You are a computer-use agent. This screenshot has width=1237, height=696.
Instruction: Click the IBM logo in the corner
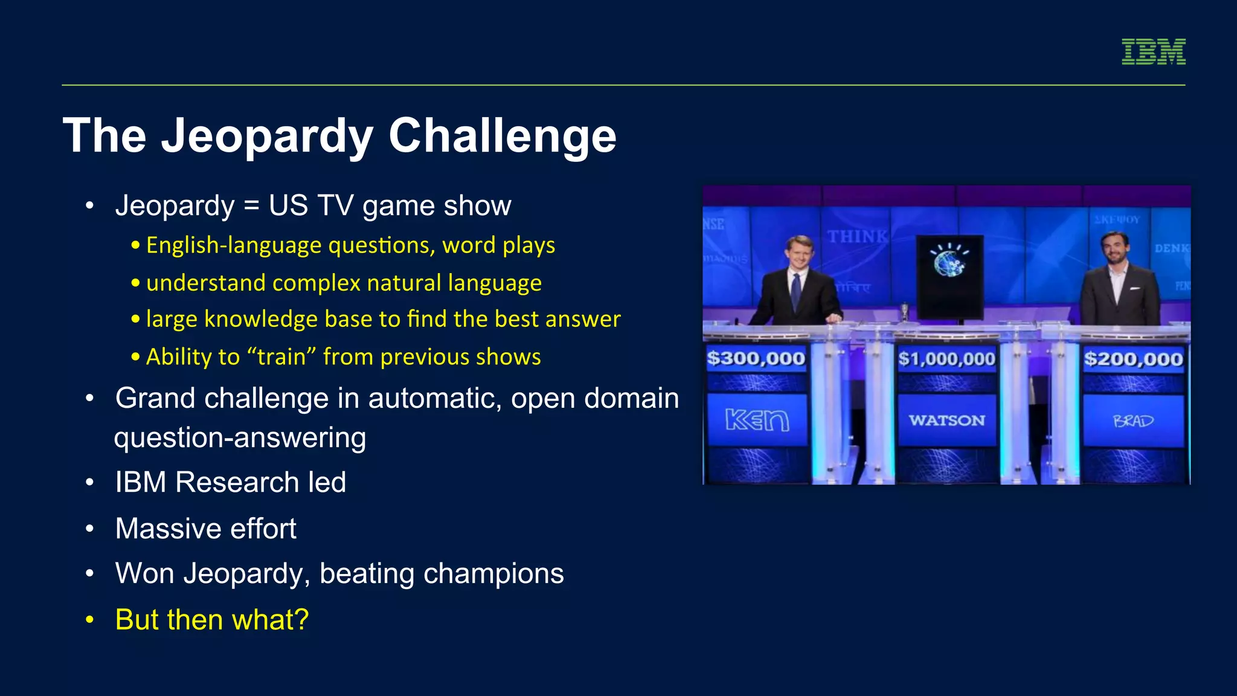click(x=1153, y=51)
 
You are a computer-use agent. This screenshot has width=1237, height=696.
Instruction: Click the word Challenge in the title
click(x=502, y=135)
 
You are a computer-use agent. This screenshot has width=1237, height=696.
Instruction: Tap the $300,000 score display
click(x=756, y=358)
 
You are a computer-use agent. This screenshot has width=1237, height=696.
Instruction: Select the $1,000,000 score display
click(x=946, y=359)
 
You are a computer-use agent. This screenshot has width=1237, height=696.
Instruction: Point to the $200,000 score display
click(x=1133, y=359)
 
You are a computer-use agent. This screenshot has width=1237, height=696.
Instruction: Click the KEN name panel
click(x=757, y=420)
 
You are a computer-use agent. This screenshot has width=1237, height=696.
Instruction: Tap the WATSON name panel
click(x=946, y=420)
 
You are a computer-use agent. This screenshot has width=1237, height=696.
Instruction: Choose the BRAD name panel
click(x=1133, y=420)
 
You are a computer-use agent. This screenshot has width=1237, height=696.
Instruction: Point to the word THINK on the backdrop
click(x=857, y=236)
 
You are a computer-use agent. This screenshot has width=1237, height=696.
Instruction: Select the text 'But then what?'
click(x=212, y=620)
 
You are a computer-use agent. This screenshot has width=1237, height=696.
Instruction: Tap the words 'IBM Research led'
click(x=230, y=482)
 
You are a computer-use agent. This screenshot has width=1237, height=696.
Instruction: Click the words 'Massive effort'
click(x=205, y=529)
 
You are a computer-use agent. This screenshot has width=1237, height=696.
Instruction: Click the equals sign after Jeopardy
click(x=252, y=206)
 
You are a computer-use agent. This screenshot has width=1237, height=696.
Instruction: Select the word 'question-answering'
click(x=240, y=438)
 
